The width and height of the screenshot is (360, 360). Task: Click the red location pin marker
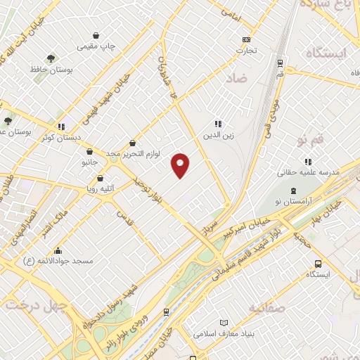tap(181, 164)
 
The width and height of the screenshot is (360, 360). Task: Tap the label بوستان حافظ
tap(48, 70)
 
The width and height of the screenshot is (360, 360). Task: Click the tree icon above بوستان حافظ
tap(51, 58)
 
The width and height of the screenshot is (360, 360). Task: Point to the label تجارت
tap(245, 50)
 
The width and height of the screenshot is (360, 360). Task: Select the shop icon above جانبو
tap(89, 151)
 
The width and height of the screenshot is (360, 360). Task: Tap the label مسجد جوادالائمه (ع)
tap(58, 261)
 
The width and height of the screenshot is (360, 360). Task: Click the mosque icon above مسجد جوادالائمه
tap(58, 250)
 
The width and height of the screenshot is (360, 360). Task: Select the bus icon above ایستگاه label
tap(318, 264)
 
